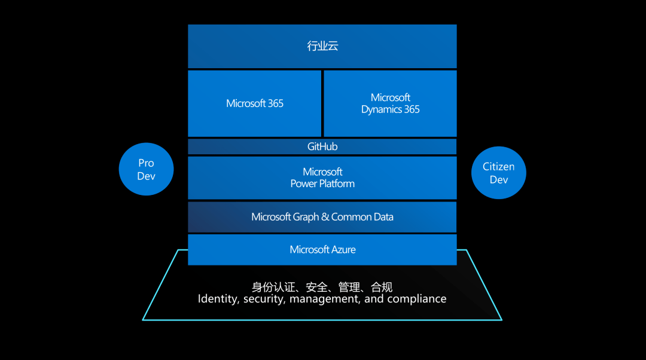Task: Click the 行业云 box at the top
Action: (322, 46)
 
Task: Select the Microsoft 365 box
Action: (255, 103)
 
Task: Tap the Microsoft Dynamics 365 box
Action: (390, 103)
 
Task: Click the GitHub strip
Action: (322, 147)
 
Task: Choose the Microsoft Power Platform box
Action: (322, 178)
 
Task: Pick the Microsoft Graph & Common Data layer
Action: (322, 217)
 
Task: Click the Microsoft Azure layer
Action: (322, 249)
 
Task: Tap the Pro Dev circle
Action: (146, 169)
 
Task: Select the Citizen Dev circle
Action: (498, 173)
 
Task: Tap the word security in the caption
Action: (263, 298)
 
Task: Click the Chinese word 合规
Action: (382, 287)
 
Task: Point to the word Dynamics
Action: (381, 109)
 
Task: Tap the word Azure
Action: (341, 249)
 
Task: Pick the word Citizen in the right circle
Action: (498, 167)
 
